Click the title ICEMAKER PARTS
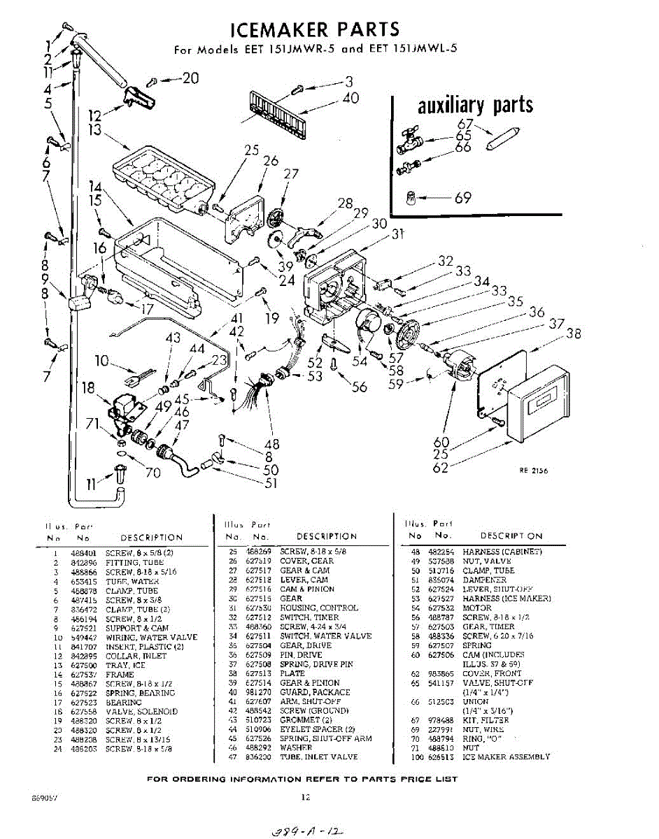click(x=316, y=29)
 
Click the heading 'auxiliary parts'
click(x=476, y=105)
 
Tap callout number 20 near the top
click(x=190, y=78)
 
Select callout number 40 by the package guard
click(x=350, y=98)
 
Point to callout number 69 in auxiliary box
click(x=463, y=198)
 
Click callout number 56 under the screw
click(x=360, y=386)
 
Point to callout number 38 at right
click(x=573, y=334)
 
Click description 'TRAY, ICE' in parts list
click(x=126, y=665)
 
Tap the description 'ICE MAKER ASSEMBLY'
click(x=506, y=756)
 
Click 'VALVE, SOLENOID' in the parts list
click(x=142, y=712)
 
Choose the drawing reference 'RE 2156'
click(x=533, y=471)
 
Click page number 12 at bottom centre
click(x=305, y=796)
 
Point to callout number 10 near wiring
click(x=102, y=361)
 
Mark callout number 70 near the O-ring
click(x=153, y=472)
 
